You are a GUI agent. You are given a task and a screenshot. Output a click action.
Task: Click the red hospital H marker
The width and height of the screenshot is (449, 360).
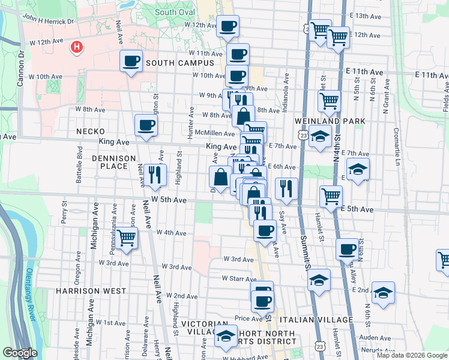click(76, 47)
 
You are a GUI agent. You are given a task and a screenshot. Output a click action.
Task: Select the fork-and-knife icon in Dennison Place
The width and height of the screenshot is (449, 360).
click(155, 174)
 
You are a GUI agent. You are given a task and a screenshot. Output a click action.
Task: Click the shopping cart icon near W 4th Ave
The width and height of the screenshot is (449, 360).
click(126, 238)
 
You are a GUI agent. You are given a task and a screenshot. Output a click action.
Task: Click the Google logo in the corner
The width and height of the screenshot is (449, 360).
click(20, 353)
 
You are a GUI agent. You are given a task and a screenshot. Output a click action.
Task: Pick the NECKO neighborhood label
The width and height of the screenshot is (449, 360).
click(91, 131)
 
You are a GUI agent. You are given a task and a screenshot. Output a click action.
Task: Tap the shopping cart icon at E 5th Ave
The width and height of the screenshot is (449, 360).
click(331, 196)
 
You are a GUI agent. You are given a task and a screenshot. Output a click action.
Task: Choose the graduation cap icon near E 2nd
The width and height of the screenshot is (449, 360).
click(382, 293)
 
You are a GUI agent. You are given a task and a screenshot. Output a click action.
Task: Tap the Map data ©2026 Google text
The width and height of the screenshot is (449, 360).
click(412, 355)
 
